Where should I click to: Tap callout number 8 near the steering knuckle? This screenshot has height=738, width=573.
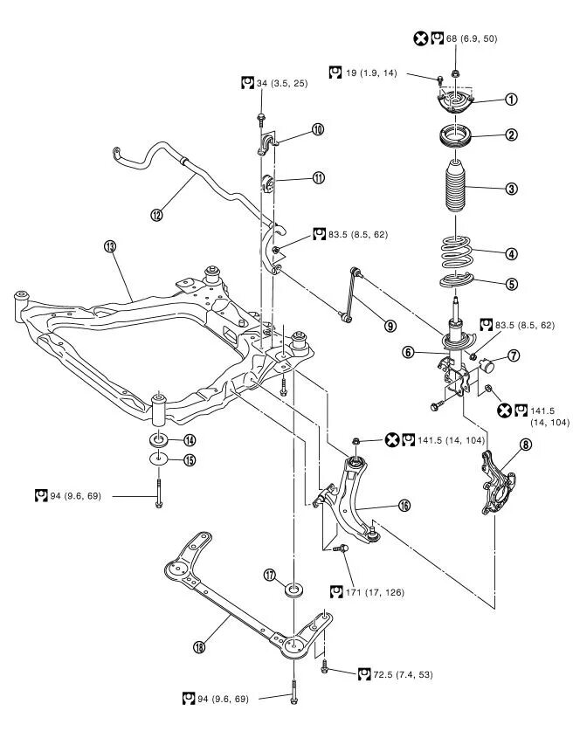coord(525,445)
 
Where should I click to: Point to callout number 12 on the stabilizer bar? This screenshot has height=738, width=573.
coord(157,215)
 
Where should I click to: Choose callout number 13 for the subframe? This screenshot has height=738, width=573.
coord(110,247)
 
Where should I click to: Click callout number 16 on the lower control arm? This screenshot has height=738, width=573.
coord(404,505)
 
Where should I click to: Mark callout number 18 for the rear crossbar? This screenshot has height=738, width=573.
coord(201,647)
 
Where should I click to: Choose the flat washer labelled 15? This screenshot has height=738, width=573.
coord(159,459)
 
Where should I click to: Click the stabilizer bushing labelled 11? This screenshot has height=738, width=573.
coord(271,184)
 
